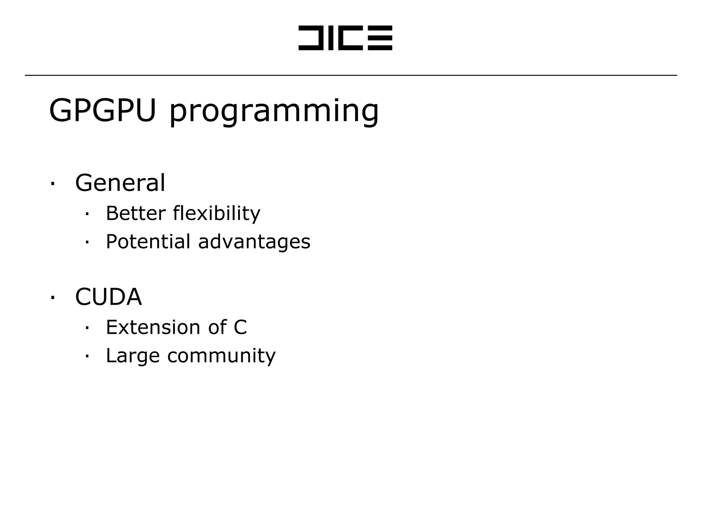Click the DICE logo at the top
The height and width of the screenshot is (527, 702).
click(x=345, y=38)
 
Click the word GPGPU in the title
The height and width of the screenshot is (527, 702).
click(x=102, y=110)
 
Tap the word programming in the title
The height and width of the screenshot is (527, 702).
click(x=274, y=112)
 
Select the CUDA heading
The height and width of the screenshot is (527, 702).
click(x=108, y=297)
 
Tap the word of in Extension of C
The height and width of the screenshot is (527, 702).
click(x=217, y=327)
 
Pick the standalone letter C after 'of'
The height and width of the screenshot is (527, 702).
click(x=240, y=327)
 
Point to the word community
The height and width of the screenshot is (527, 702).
click(x=221, y=356)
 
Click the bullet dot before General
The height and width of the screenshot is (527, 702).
click(x=52, y=183)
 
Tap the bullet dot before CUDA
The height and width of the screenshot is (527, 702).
click(x=52, y=297)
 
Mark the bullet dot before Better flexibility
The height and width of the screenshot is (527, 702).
click(x=87, y=214)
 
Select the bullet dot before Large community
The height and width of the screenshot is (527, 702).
click(x=87, y=356)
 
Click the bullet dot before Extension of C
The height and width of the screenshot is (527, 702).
click(x=87, y=328)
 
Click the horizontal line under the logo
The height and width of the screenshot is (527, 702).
click(x=351, y=75)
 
